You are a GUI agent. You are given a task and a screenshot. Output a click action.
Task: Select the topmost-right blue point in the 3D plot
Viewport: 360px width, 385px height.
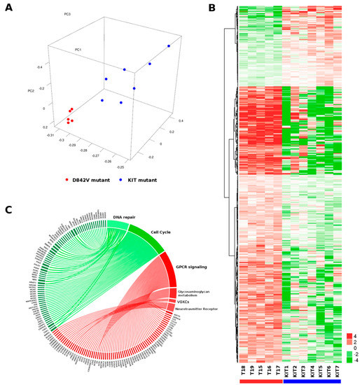tap(169, 45)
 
